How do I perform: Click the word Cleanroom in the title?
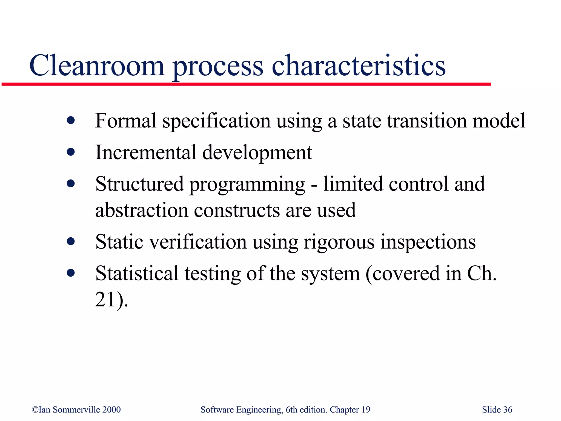click(x=97, y=66)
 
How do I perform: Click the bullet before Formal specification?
click(x=71, y=120)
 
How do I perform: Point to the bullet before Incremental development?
click(x=71, y=152)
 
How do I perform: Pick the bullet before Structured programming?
click(x=71, y=183)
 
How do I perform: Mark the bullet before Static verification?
click(x=71, y=241)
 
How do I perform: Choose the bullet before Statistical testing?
click(x=71, y=273)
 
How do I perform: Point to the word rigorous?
click(x=339, y=242)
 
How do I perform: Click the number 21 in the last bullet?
click(x=105, y=299)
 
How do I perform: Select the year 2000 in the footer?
click(x=111, y=409)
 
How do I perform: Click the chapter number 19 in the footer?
click(x=366, y=409)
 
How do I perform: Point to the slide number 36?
click(x=508, y=409)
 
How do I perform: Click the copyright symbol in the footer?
click(x=35, y=410)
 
